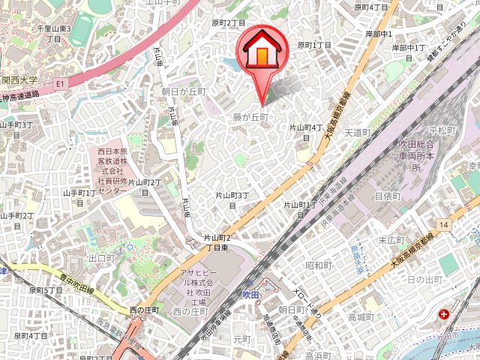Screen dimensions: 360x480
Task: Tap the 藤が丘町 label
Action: coord(250,117)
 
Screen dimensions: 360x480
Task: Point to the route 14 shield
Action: coord(444,225)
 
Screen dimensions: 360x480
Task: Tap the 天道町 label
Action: coord(357,132)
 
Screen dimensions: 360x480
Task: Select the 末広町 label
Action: coord(391,241)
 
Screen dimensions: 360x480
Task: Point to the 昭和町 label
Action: coord(318,265)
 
